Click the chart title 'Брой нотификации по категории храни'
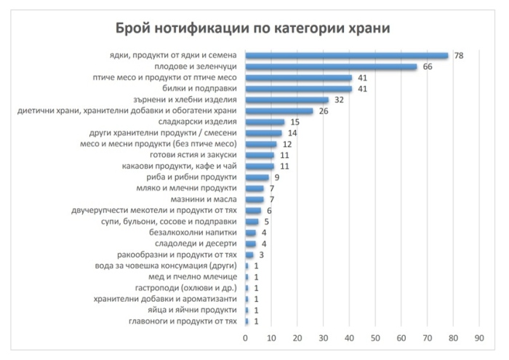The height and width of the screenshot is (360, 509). click(x=254, y=28)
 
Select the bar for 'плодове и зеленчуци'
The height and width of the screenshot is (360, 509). click(x=331, y=66)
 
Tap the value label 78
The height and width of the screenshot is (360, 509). click(x=458, y=55)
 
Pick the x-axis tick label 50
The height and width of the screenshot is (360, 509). click(x=375, y=338)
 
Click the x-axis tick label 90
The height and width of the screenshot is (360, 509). click(x=479, y=338)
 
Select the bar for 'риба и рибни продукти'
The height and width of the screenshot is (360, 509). click(x=257, y=177)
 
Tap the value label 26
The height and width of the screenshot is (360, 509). click(x=323, y=111)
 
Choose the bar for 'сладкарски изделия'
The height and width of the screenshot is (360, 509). click(x=265, y=121)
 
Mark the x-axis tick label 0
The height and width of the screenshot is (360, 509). click(x=246, y=338)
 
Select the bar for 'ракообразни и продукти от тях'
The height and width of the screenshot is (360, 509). click(x=249, y=255)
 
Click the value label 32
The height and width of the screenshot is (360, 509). click(x=338, y=100)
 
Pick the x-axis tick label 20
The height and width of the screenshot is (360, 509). click(x=297, y=338)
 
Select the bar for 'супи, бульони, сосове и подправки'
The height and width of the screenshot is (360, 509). click(x=252, y=221)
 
